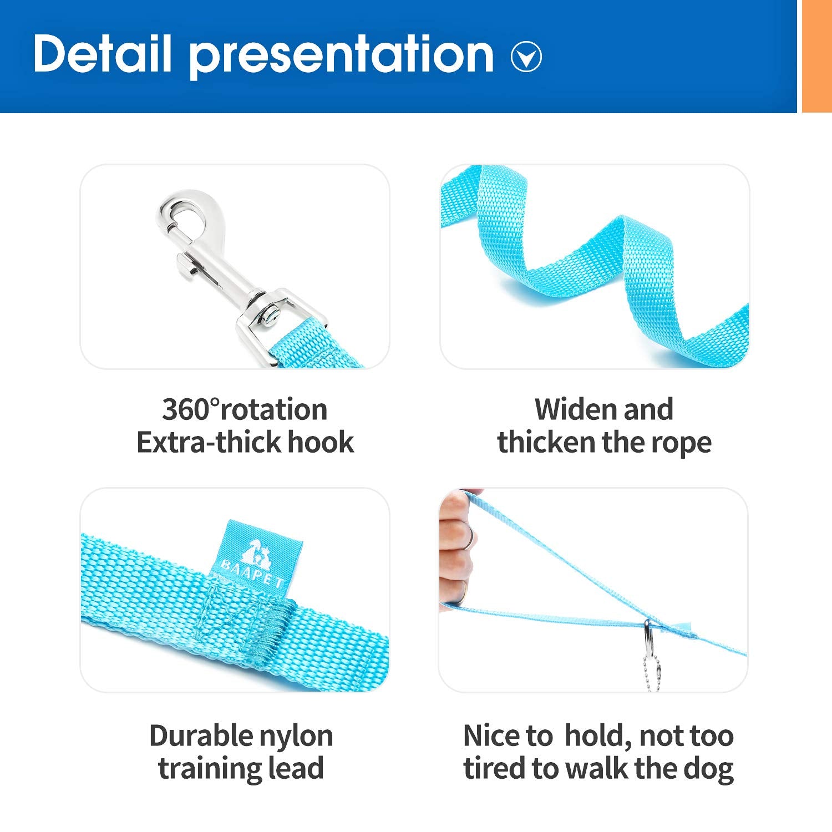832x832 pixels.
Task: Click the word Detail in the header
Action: click(x=102, y=53)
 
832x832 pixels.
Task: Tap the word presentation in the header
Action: click(x=341, y=55)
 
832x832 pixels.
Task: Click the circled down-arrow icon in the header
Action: click(x=526, y=57)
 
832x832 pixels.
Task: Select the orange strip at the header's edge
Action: click(x=816, y=55)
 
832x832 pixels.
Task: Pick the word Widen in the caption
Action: click(x=575, y=410)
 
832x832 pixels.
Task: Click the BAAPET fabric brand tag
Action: click(x=258, y=557)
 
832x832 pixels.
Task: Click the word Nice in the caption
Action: click(x=491, y=736)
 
